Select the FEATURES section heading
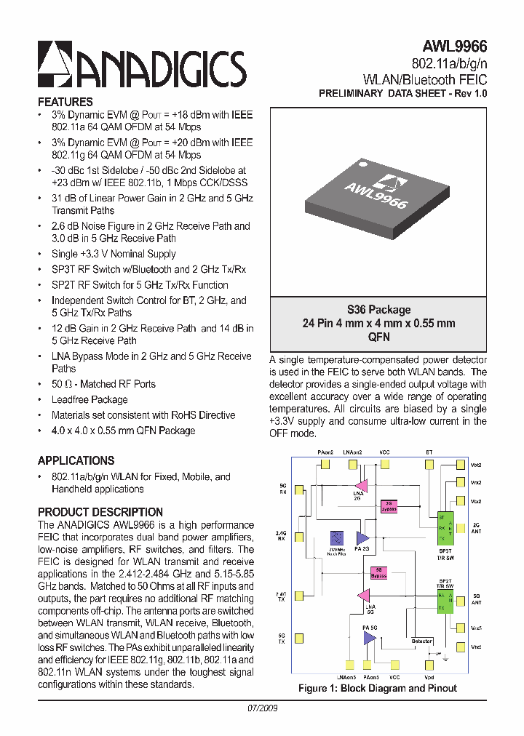pyautogui.click(x=65, y=103)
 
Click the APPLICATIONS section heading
pyautogui.click(x=76, y=461)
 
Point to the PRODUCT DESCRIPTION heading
pyautogui.click(x=100, y=512)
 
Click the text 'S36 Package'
pyautogui.click(x=378, y=310)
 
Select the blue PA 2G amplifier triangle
pyautogui.click(x=362, y=538)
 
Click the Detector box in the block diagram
pyautogui.click(x=421, y=641)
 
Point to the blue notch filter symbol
pyautogui.click(x=337, y=538)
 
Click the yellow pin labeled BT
pyautogui.click(x=429, y=465)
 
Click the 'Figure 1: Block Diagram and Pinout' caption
pyautogui.click(x=378, y=688)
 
